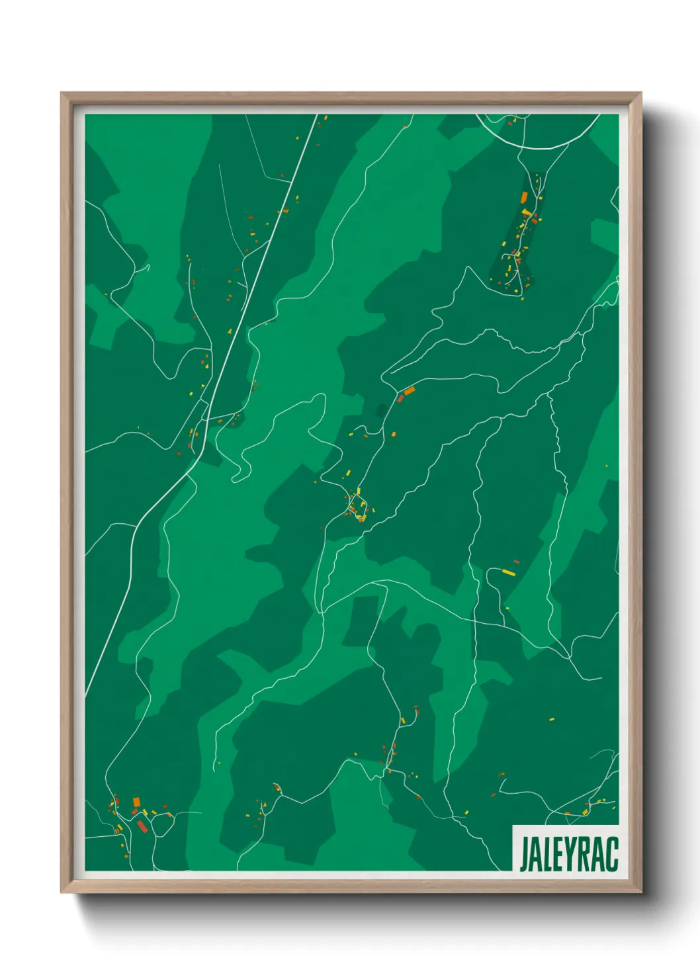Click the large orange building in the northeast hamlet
tap(524, 197)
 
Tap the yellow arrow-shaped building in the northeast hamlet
tap(527, 212)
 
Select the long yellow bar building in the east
tap(508, 572)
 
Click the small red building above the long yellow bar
tap(517, 562)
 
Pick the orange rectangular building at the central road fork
tap(409, 391)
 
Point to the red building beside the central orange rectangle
tap(400, 398)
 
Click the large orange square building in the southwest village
tap(136, 802)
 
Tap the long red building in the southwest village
tap(142, 826)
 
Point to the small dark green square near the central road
tap(381, 411)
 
